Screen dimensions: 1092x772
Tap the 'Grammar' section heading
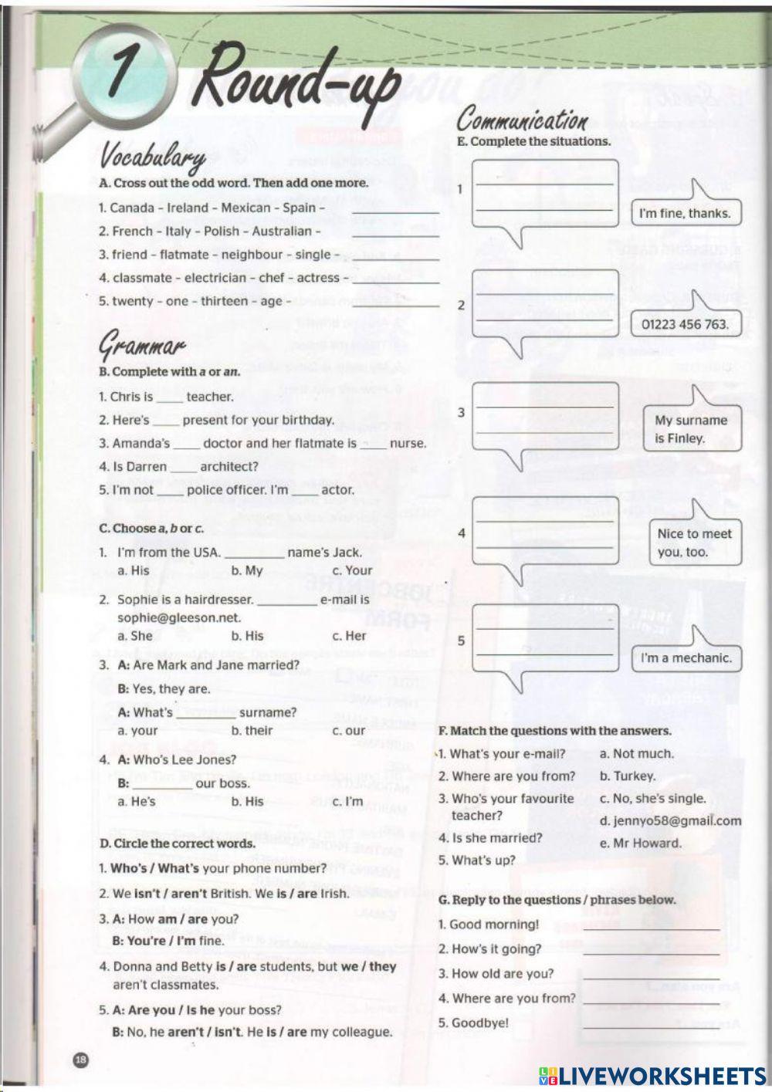pyautogui.click(x=142, y=347)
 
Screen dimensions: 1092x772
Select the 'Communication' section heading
pyautogui.click(x=522, y=120)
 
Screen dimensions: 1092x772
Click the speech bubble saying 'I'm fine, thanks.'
pyautogui.click(x=685, y=214)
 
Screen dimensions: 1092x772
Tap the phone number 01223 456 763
pyautogui.click(x=685, y=324)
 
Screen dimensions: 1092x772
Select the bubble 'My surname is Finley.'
pyautogui.click(x=691, y=429)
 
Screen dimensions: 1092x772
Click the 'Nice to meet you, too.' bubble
pyautogui.click(x=694, y=543)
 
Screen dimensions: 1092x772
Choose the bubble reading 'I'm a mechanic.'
pyautogui.click(x=686, y=658)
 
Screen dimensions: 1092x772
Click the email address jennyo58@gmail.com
pyautogui.click(x=670, y=821)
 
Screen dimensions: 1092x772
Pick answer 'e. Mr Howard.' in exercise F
pyautogui.click(x=641, y=844)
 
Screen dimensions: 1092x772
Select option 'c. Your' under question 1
pyautogui.click(x=352, y=570)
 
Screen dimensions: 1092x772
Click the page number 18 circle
pyautogui.click(x=80, y=1060)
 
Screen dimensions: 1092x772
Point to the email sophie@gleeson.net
pyautogui.click(x=179, y=617)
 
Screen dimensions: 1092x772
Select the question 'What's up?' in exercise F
pyautogui.click(x=476, y=860)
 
